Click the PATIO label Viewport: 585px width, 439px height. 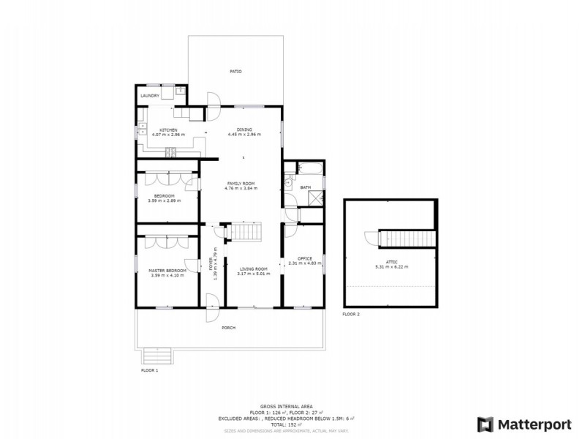pyautogui.click(x=235, y=72)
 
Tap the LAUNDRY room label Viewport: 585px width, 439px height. pyautogui.click(x=150, y=96)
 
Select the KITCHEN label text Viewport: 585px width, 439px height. pyautogui.click(x=169, y=130)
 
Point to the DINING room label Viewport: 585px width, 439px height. pyautogui.click(x=244, y=130)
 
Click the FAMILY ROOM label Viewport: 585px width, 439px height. pyautogui.click(x=241, y=184)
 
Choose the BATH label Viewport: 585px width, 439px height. pyautogui.click(x=305, y=187)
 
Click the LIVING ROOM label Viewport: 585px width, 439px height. pyautogui.click(x=254, y=269)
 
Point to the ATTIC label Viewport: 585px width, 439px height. pyautogui.click(x=391, y=262)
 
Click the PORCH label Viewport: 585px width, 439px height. pyautogui.click(x=229, y=327)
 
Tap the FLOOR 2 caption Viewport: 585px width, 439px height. pyautogui.click(x=351, y=315)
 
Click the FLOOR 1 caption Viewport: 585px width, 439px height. pyautogui.click(x=150, y=371)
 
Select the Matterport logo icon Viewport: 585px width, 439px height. pyautogui.click(x=485, y=424)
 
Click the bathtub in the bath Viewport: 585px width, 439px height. pyautogui.click(x=309, y=170)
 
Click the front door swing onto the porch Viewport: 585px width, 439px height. pyautogui.click(x=212, y=301)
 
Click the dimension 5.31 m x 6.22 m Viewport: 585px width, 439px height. pyautogui.click(x=391, y=267)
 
